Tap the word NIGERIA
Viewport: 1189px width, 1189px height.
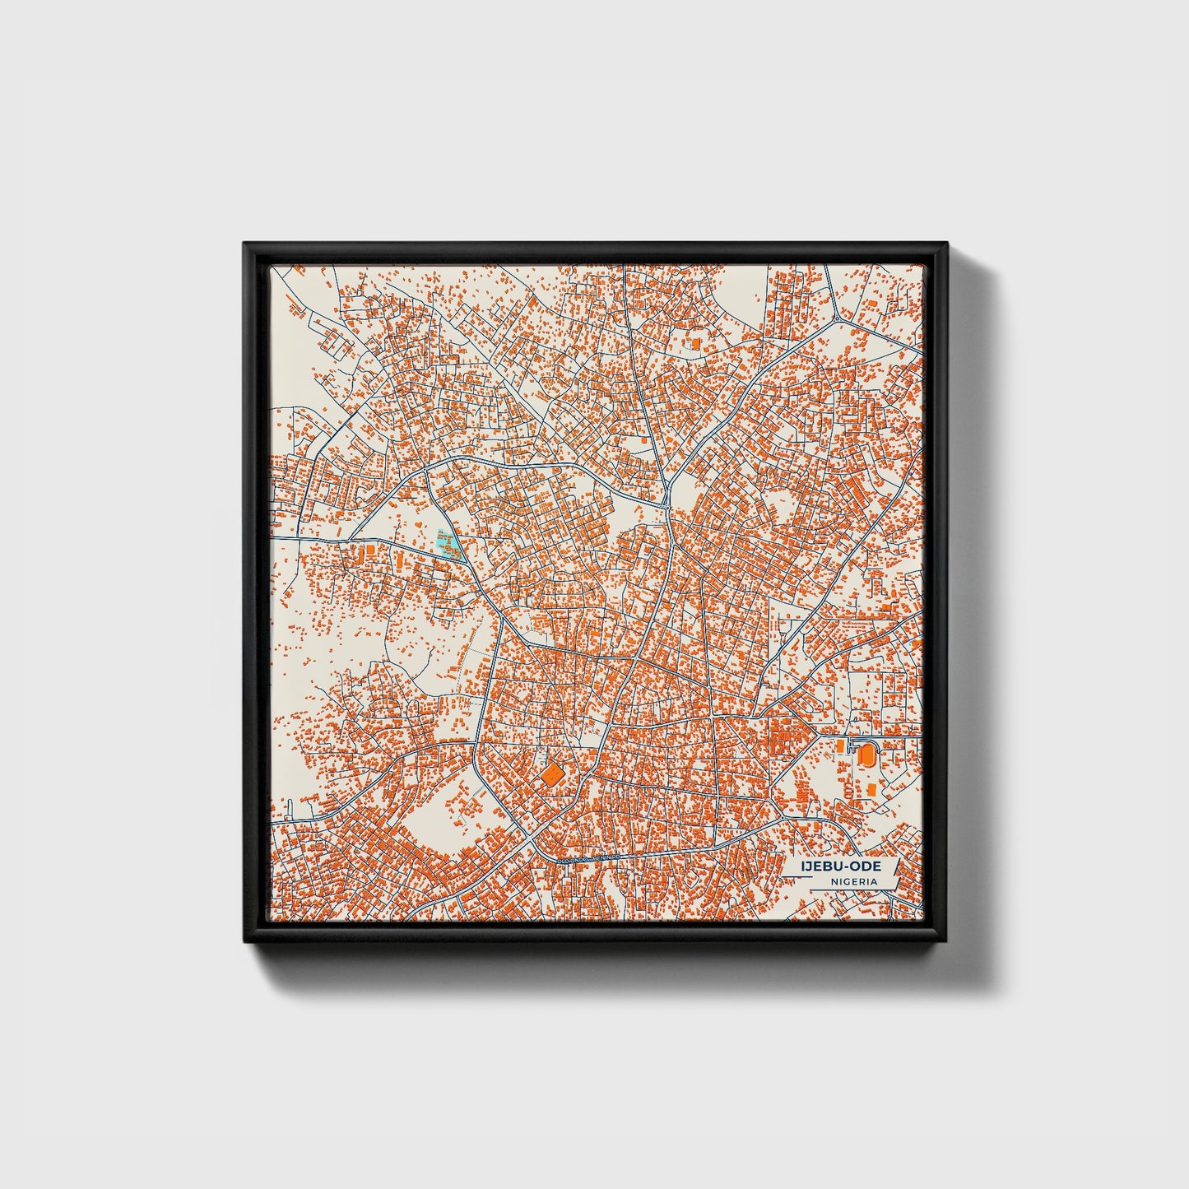click(853, 881)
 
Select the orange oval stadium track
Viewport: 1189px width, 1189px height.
click(866, 752)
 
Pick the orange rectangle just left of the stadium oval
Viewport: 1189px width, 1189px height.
click(840, 745)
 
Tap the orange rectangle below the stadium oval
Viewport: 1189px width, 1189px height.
click(870, 789)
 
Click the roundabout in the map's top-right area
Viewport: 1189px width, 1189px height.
click(837, 318)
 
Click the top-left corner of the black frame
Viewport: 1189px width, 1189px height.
click(245, 244)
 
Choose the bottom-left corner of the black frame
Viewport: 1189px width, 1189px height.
click(245, 945)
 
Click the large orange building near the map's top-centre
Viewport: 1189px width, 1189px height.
click(695, 341)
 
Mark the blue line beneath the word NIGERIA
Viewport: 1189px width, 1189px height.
click(853, 889)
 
